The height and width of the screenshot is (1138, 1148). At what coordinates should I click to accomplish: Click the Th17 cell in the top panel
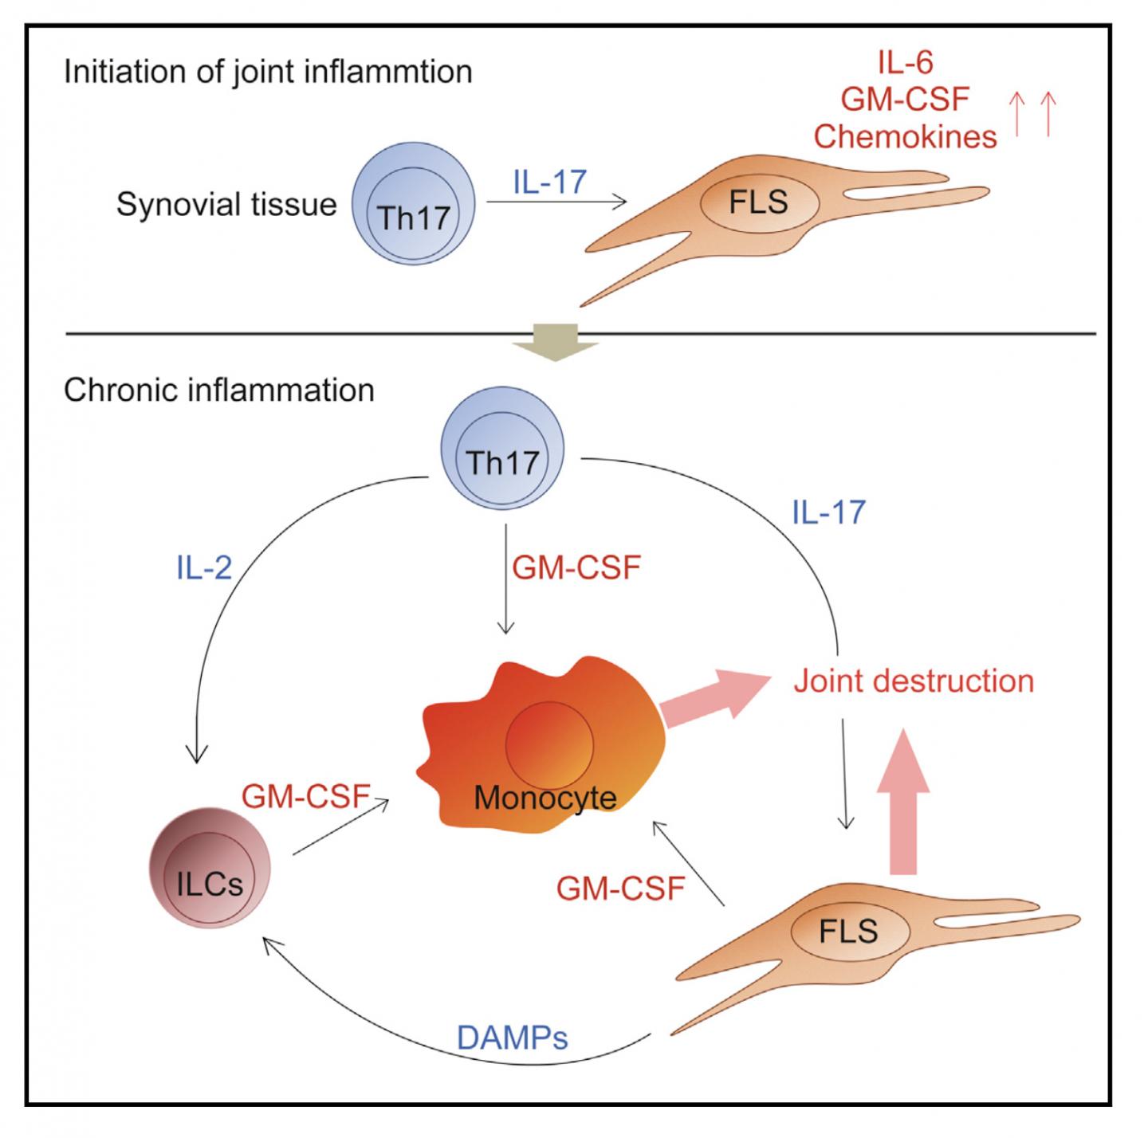click(x=414, y=204)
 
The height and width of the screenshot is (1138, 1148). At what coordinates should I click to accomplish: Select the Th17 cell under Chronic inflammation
click(x=503, y=450)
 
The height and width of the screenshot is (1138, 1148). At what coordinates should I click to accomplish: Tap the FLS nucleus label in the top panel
click(x=758, y=202)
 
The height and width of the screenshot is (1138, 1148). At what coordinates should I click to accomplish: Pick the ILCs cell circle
click(x=210, y=872)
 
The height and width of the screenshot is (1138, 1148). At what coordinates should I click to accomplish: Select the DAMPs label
click(x=512, y=1038)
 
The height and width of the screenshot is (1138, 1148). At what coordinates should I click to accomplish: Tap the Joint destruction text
click(x=914, y=681)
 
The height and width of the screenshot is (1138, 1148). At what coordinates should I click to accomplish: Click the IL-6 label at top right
click(x=905, y=62)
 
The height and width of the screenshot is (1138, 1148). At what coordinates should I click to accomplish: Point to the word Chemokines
click(x=905, y=136)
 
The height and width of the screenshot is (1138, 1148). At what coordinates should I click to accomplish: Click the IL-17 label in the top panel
click(x=549, y=182)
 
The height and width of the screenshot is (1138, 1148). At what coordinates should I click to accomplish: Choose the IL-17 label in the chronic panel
click(x=828, y=512)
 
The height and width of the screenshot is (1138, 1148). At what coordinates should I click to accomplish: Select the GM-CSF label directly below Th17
click(x=576, y=568)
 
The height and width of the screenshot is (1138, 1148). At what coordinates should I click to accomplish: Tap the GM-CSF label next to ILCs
click(x=306, y=796)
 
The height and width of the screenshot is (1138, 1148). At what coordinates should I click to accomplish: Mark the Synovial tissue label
click(x=226, y=205)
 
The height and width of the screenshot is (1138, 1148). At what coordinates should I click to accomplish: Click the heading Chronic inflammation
click(x=218, y=390)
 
